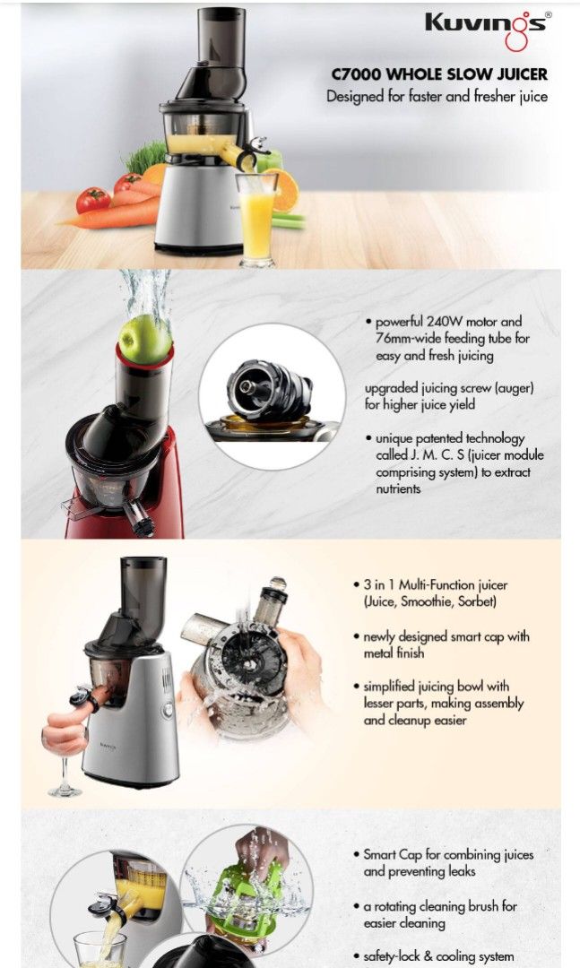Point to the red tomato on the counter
click(x=93, y=200)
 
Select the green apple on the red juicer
click(x=144, y=340)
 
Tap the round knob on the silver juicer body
click(x=169, y=710)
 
